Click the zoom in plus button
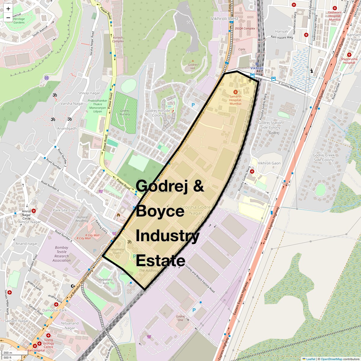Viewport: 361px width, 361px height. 8,9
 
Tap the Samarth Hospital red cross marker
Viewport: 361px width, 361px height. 235,92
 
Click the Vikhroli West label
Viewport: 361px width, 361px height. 224,19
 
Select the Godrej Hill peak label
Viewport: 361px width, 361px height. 193,66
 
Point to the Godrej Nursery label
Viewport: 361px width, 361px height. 125,112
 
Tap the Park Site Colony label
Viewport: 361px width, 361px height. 66,210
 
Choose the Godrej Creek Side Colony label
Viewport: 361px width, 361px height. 324,157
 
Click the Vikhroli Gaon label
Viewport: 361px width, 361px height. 269,163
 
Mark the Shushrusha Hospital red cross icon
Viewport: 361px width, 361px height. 349,55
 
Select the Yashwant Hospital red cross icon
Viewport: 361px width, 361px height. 335,8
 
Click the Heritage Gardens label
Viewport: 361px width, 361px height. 19,20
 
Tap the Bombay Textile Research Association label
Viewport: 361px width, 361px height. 62,254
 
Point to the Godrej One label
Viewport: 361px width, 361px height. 180,318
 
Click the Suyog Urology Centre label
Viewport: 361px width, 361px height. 48,343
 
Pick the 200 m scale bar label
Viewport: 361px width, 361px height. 8,353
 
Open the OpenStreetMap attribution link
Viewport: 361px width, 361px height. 332,359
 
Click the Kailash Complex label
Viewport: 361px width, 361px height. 118,39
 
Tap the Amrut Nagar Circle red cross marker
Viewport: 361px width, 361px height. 34,211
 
